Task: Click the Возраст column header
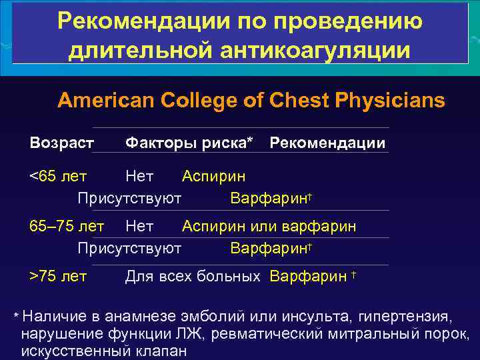pyautogui.click(x=62, y=143)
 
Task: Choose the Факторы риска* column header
pyautogui.click(x=189, y=143)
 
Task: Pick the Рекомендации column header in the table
pyautogui.click(x=327, y=143)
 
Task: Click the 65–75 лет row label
pyautogui.click(x=67, y=227)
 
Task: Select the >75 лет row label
pyautogui.click(x=58, y=276)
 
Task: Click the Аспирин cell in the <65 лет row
pyautogui.click(x=213, y=177)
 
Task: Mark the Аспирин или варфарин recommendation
pyautogui.click(x=269, y=227)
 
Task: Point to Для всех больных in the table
pyautogui.click(x=193, y=276)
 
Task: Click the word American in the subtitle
pyautogui.click(x=106, y=101)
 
